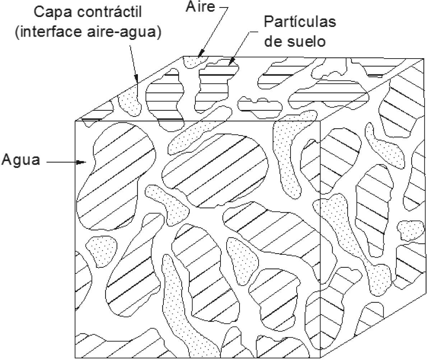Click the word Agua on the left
click(21, 160)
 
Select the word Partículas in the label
click(300, 22)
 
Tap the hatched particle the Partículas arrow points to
click(215, 77)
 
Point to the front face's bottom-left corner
click(75, 358)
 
